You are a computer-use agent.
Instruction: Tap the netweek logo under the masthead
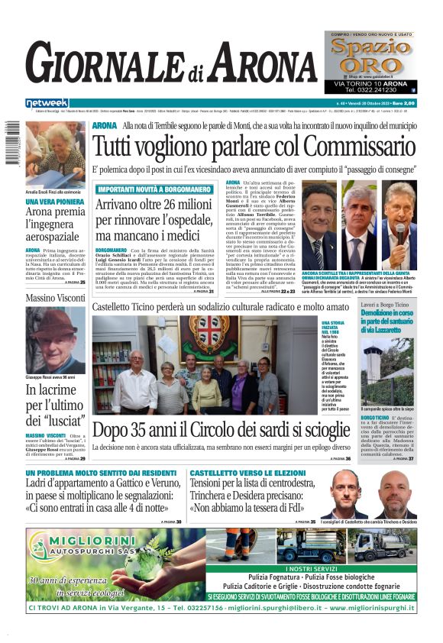click(x=47, y=103)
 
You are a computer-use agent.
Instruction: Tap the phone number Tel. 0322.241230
click(x=371, y=89)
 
